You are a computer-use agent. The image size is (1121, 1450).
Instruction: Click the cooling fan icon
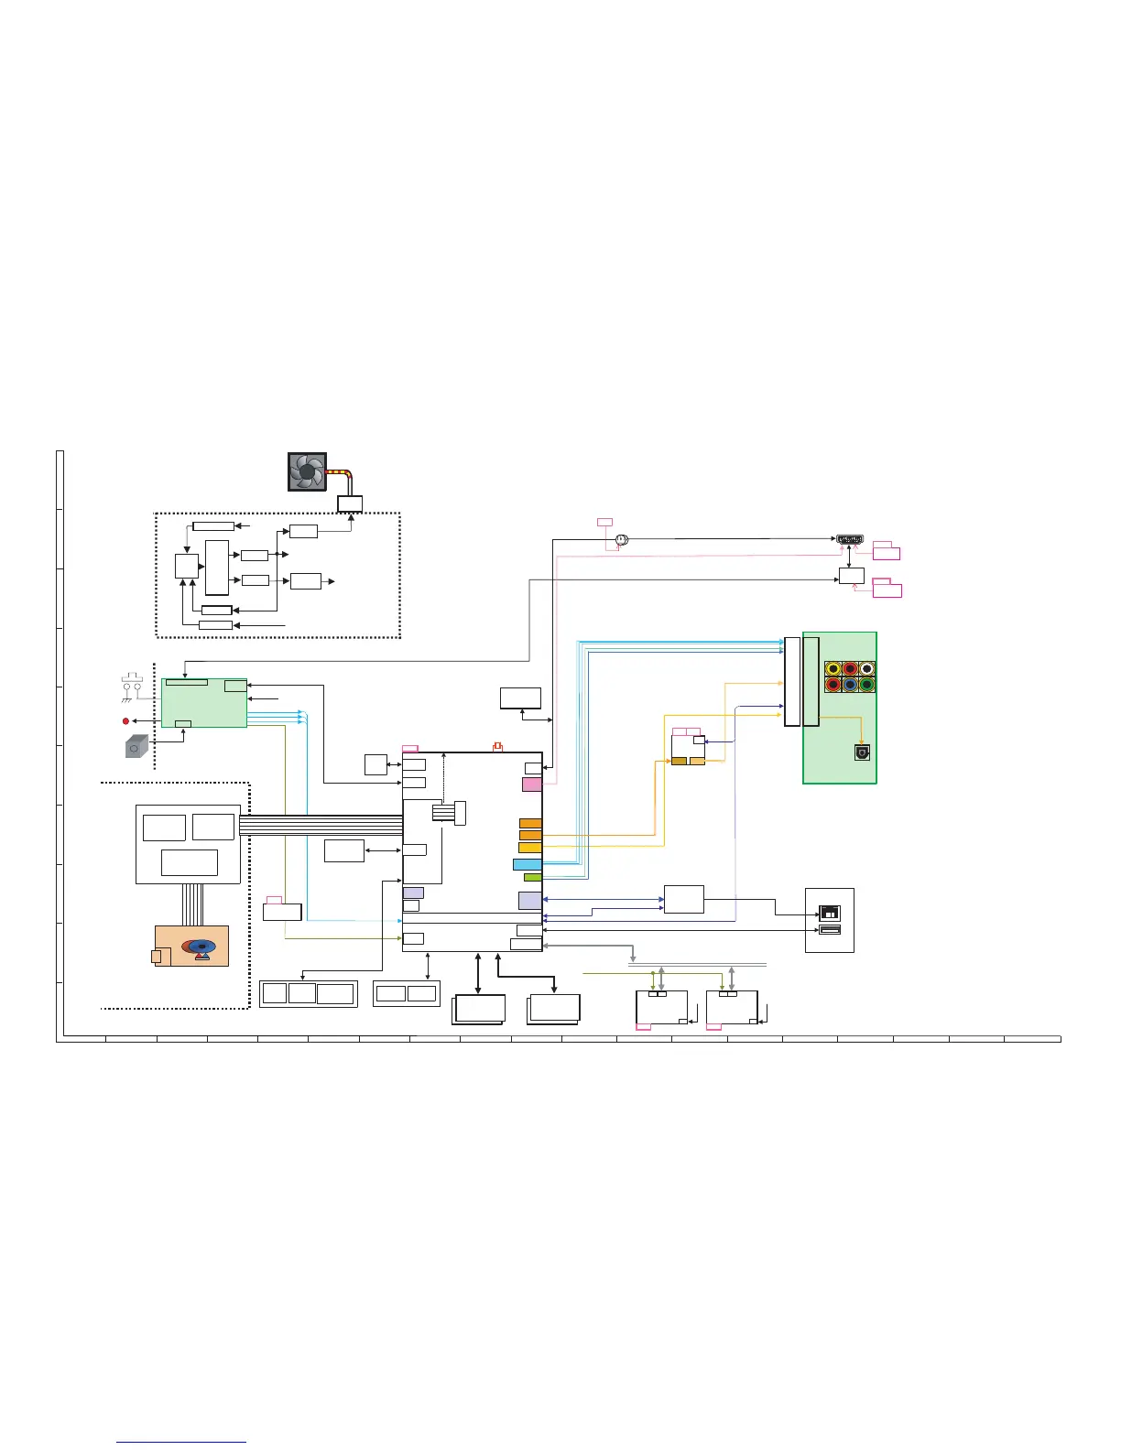coord(308,471)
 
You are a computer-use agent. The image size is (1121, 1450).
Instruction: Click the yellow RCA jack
coord(833,669)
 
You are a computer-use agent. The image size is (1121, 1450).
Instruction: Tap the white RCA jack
coord(866,669)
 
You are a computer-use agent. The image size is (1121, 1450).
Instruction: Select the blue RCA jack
coord(850,685)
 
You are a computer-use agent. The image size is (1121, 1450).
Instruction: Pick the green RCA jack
coord(866,685)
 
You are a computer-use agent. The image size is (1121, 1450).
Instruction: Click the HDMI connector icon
coord(851,539)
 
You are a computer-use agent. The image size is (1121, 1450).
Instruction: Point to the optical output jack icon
coord(861,752)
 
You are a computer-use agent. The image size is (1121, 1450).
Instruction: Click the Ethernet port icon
coord(828,913)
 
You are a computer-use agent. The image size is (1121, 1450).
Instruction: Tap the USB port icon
coord(828,930)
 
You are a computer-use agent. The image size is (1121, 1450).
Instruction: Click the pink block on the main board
coord(531,785)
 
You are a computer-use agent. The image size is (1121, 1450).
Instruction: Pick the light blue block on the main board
coord(528,864)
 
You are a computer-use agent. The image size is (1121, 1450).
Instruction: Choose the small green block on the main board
coord(532,877)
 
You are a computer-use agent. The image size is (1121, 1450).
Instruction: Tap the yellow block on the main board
coord(530,848)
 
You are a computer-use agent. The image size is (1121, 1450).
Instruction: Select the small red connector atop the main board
coord(497,746)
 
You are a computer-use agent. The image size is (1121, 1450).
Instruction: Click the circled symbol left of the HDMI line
coord(622,540)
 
